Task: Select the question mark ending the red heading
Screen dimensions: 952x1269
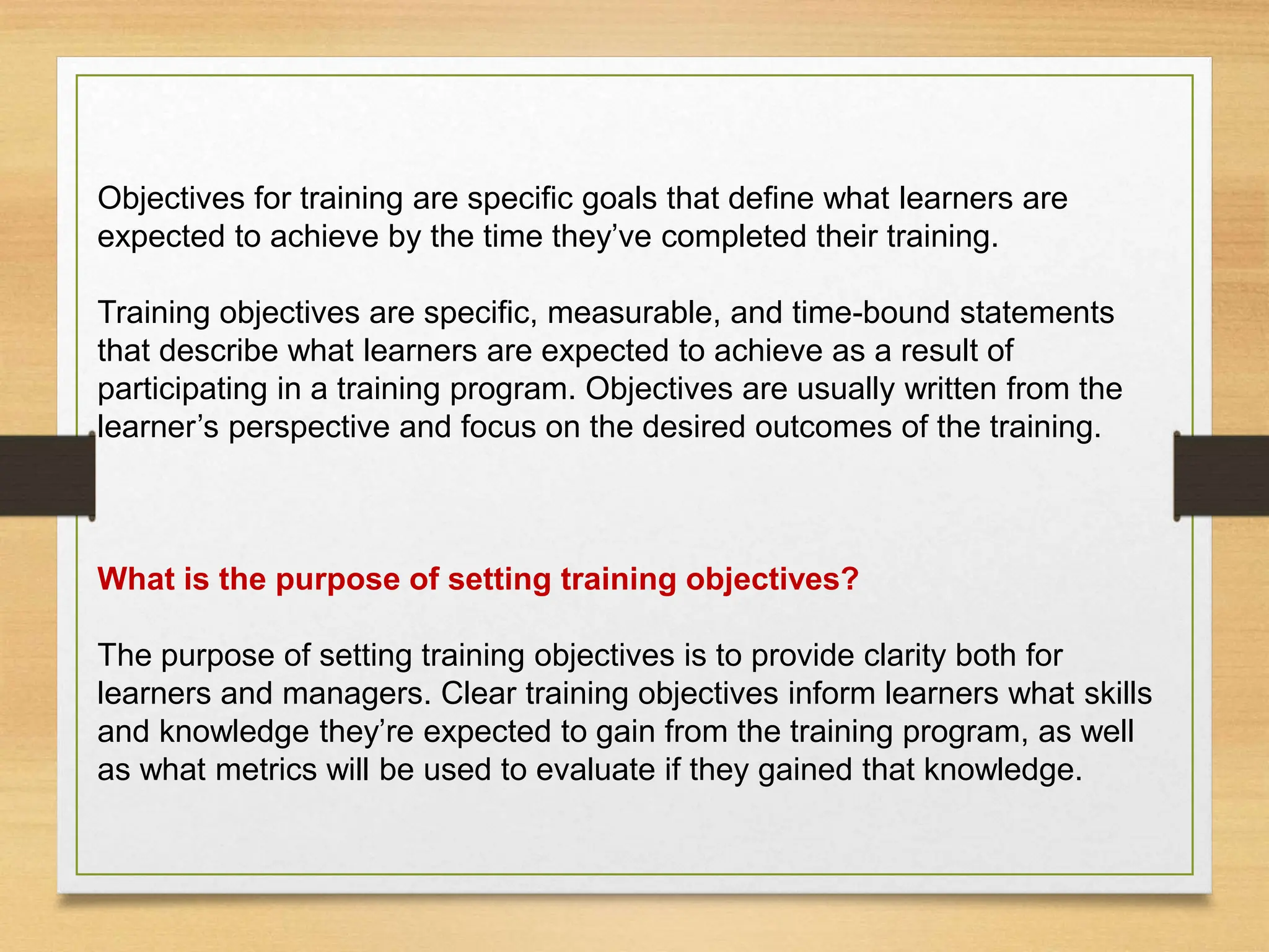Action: pos(851,580)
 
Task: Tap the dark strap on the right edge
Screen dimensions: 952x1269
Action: pos(1221,475)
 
